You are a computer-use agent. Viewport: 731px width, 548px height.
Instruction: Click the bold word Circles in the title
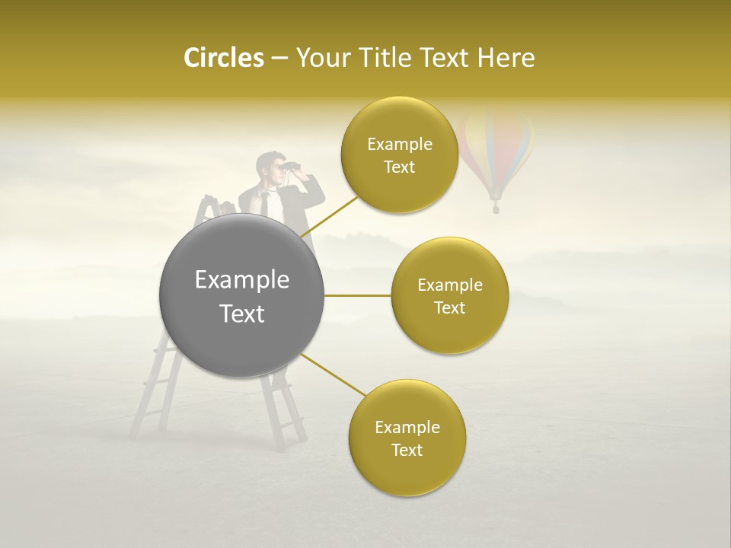[223, 59]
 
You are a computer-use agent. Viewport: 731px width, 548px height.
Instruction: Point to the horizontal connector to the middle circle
[358, 295]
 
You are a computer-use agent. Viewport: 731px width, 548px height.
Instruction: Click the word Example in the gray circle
[241, 280]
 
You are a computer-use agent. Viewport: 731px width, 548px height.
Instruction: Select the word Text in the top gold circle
[399, 167]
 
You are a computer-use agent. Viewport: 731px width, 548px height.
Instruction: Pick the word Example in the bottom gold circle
[407, 427]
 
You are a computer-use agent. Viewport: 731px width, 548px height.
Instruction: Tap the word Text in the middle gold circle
[449, 307]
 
